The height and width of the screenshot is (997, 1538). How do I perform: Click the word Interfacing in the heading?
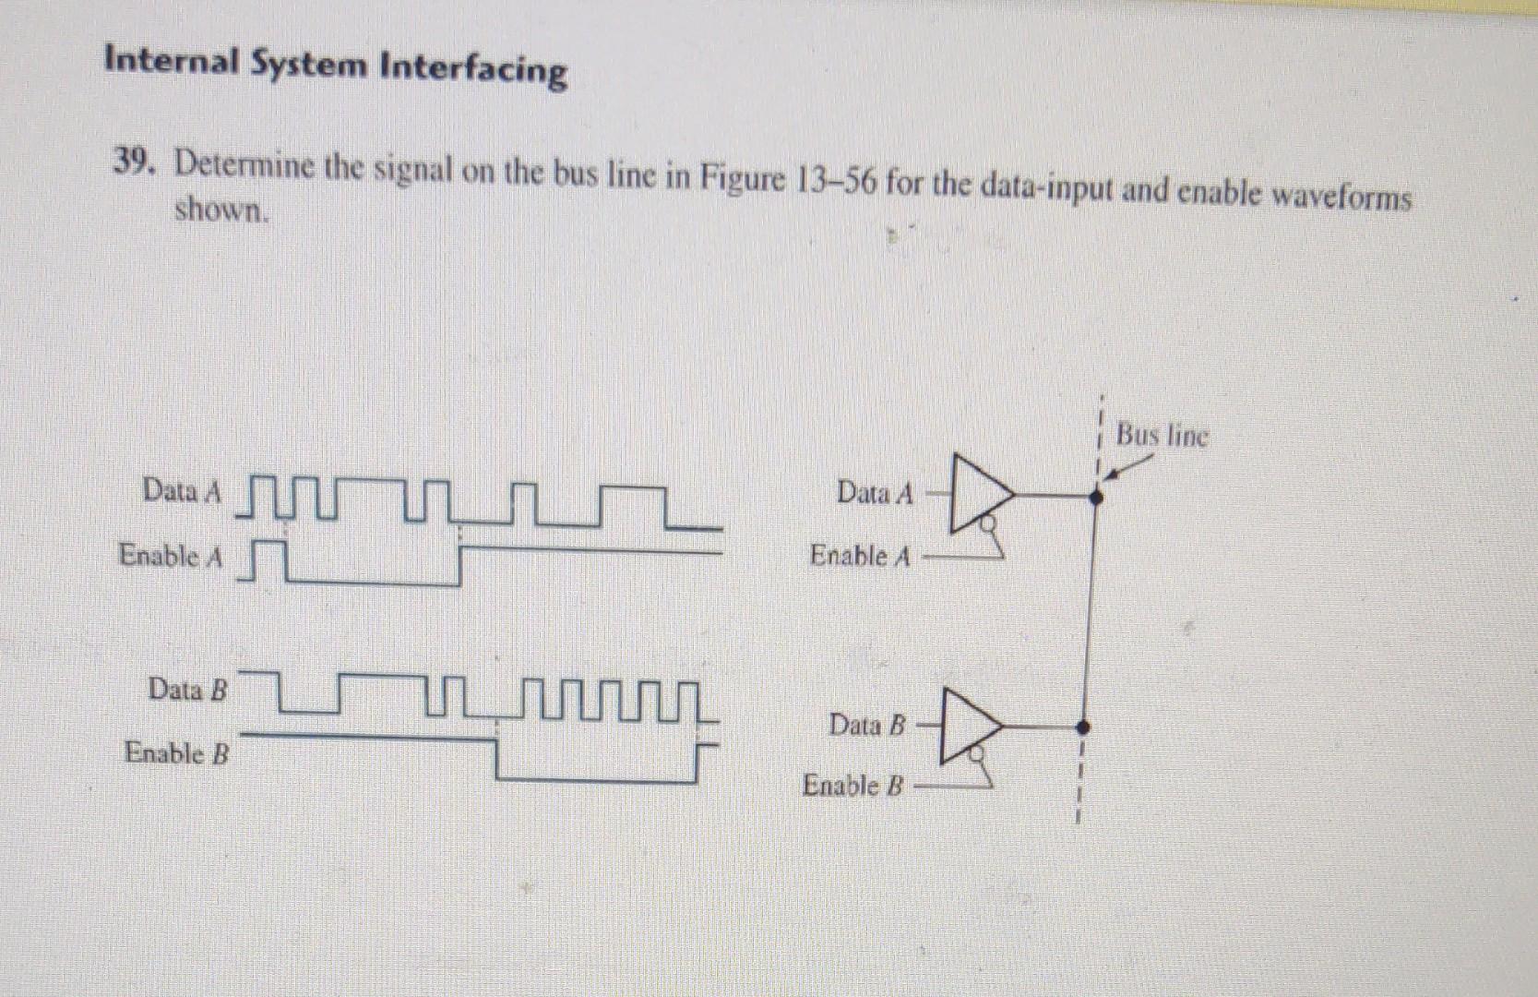(x=474, y=68)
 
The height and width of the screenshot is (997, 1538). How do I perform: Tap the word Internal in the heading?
(x=172, y=61)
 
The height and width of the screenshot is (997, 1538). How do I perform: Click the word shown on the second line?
(x=221, y=210)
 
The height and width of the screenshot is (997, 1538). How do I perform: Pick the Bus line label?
(x=1161, y=435)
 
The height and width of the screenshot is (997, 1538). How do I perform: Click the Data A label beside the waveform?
(x=182, y=490)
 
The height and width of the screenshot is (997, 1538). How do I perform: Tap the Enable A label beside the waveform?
(x=171, y=556)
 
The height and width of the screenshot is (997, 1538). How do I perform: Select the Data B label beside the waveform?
(x=187, y=689)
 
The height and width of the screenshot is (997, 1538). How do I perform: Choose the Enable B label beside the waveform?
(x=176, y=752)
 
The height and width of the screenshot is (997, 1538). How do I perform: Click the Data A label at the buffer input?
(x=875, y=493)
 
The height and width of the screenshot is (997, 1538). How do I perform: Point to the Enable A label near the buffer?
(x=860, y=556)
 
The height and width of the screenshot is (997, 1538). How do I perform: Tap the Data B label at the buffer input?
(x=867, y=725)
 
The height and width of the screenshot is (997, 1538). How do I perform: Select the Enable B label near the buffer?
(x=852, y=786)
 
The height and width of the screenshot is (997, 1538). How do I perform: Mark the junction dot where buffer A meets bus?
(x=1096, y=497)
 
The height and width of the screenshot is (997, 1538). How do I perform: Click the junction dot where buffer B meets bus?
(x=1084, y=726)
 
